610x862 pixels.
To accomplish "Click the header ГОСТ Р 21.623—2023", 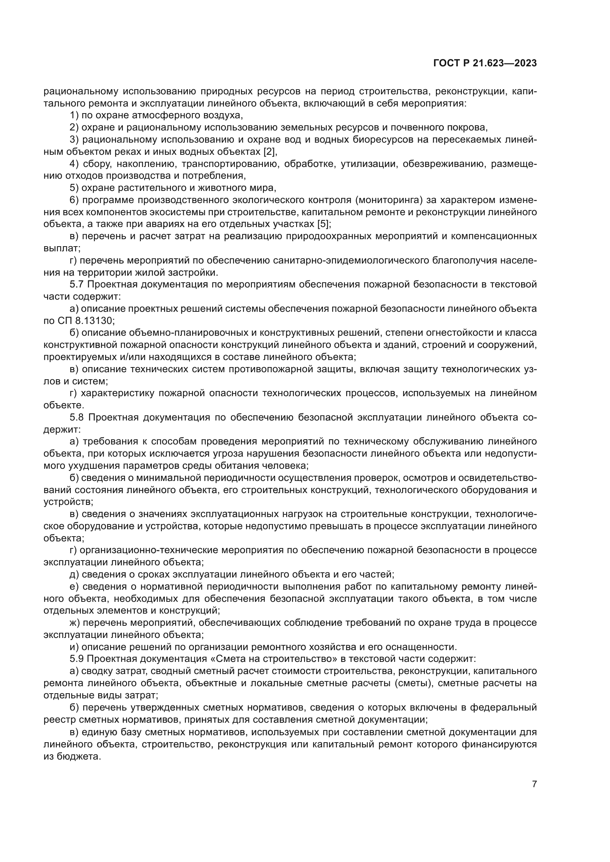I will [x=485, y=63].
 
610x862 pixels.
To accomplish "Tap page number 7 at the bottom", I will [x=534, y=784].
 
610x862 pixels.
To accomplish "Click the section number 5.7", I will [x=77, y=284].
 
